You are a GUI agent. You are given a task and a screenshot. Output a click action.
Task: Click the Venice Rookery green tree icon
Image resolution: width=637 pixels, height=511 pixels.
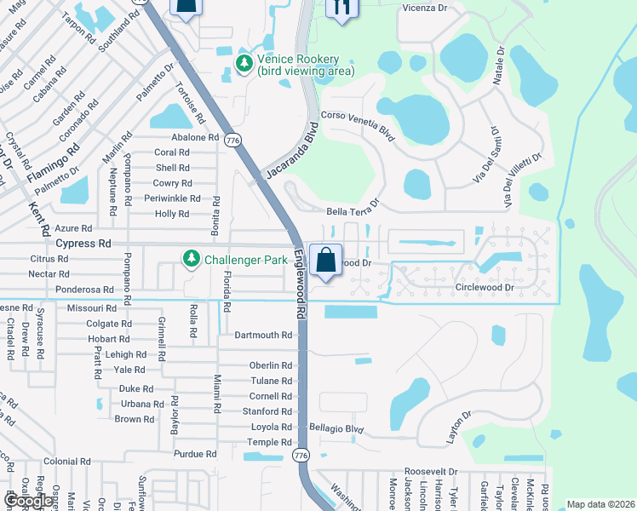coord(244,64)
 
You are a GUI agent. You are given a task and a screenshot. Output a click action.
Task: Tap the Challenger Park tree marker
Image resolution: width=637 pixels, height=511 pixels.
coord(191,257)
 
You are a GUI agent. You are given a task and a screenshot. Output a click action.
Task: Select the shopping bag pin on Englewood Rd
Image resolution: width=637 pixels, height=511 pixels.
coord(325,260)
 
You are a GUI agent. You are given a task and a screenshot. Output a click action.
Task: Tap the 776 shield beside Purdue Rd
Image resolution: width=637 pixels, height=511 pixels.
coord(300,456)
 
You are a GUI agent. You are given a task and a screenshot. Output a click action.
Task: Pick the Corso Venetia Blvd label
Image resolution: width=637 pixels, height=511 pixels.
coord(359,125)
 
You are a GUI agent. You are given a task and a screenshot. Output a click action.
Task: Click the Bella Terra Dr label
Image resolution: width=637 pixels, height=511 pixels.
coord(352,211)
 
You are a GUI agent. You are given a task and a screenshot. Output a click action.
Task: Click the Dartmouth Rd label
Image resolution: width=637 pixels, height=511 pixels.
coord(263,335)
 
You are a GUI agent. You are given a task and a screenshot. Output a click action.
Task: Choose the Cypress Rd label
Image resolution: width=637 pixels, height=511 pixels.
coord(83,243)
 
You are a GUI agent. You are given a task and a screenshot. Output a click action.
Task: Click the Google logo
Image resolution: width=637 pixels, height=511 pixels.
coord(28,501)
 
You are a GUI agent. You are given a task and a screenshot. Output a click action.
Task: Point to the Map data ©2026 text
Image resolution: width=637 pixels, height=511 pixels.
coord(600,504)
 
